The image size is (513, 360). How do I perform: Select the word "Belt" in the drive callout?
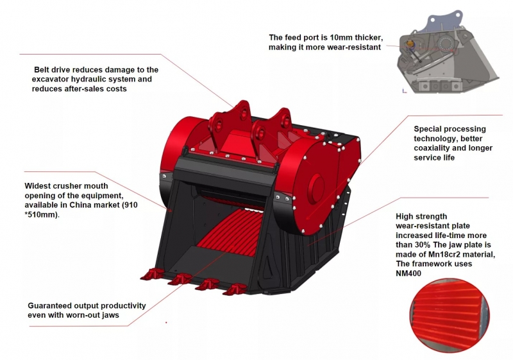44,69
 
